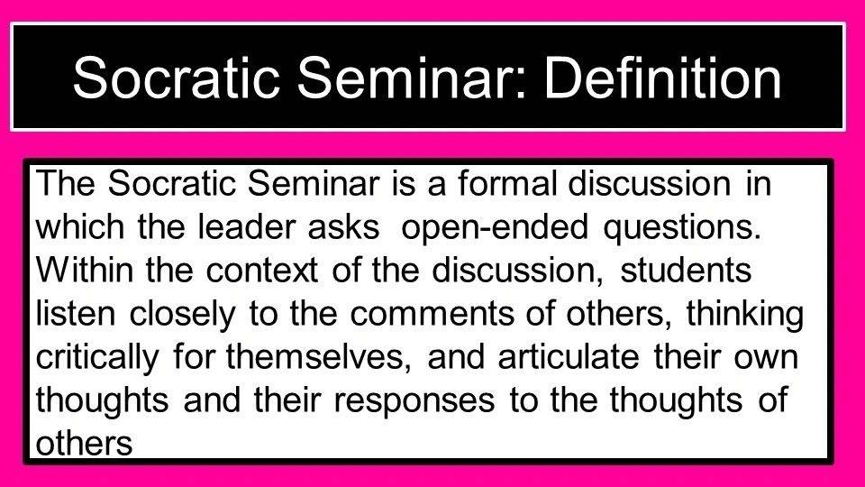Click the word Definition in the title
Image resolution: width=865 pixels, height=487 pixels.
662,78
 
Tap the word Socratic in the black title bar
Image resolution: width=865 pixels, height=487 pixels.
176,78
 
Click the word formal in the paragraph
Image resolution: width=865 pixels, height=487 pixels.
507,183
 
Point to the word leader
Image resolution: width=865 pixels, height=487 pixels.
246,226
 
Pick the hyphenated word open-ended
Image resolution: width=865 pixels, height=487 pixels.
495,227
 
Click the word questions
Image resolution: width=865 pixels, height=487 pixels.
682,227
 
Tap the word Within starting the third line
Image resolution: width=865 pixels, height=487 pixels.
85,270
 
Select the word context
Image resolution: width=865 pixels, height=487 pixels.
262,271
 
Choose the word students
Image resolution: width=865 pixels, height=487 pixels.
686,270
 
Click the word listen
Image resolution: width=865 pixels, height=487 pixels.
76,313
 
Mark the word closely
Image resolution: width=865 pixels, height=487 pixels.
182,314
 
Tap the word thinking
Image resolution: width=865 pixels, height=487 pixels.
745,314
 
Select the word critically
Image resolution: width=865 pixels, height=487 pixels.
97,357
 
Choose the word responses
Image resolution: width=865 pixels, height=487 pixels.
414,401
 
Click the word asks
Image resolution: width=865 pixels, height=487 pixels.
343,226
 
